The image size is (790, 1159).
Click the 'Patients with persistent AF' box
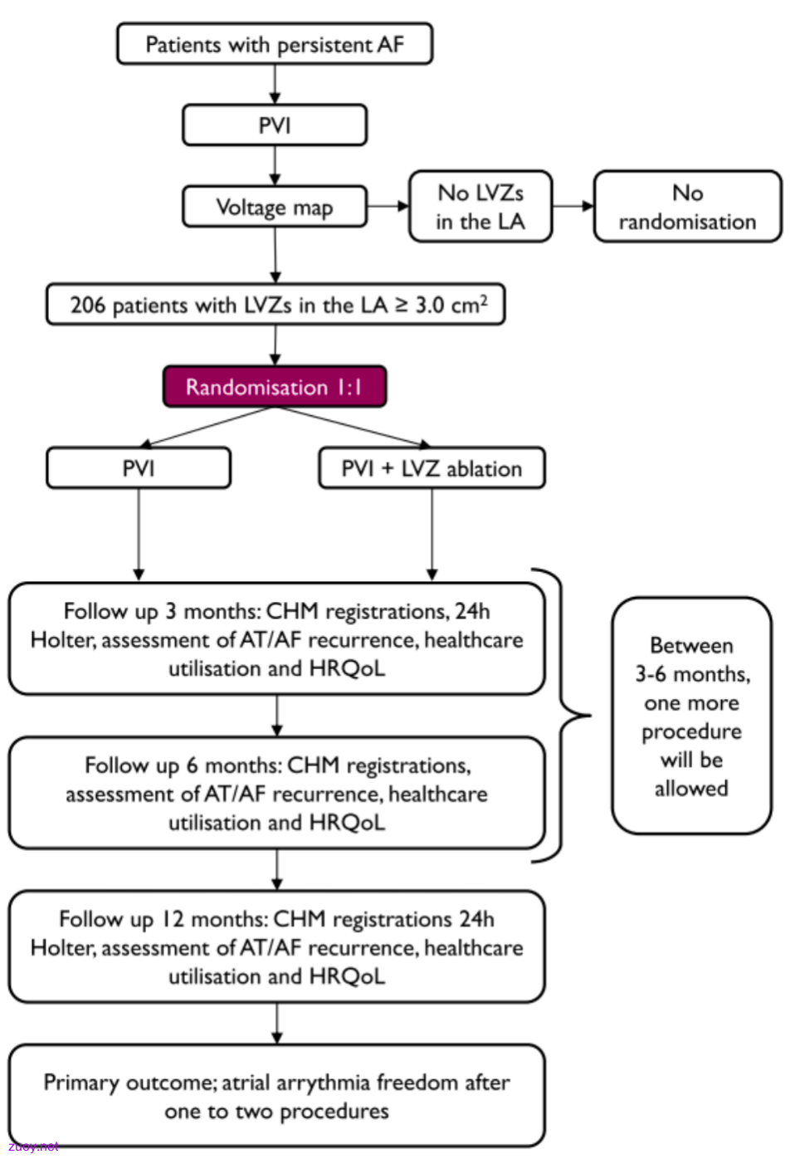tap(275, 44)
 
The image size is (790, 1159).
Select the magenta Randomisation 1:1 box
tap(275, 387)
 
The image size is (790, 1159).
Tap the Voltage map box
tap(275, 207)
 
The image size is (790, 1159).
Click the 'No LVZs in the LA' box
tap(480, 207)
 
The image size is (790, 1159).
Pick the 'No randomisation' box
tap(688, 207)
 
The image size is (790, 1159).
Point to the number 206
tap(88, 306)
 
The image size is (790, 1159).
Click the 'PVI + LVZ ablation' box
tap(432, 468)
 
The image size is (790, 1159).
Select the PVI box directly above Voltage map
tap(275, 125)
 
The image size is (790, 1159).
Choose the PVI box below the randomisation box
tap(139, 468)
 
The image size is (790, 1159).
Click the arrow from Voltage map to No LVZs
tap(388, 207)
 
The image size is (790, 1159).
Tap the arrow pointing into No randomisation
tap(573, 207)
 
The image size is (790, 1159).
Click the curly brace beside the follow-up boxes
tap(562, 716)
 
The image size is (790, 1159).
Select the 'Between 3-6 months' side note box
tap(692, 716)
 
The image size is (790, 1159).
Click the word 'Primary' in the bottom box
tap(80, 1083)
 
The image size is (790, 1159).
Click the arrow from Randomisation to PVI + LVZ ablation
tap(352, 428)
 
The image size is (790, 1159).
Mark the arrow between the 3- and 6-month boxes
tap(276, 716)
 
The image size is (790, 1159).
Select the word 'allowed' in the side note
tap(691, 789)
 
